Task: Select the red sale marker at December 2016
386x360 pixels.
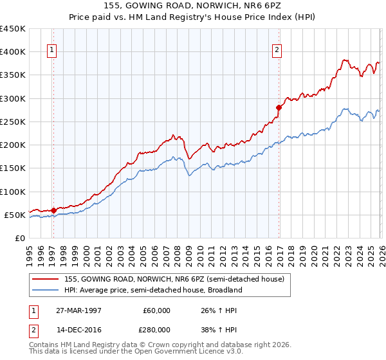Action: click(x=279, y=107)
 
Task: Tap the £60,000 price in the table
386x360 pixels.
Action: click(x=157, y=310)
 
